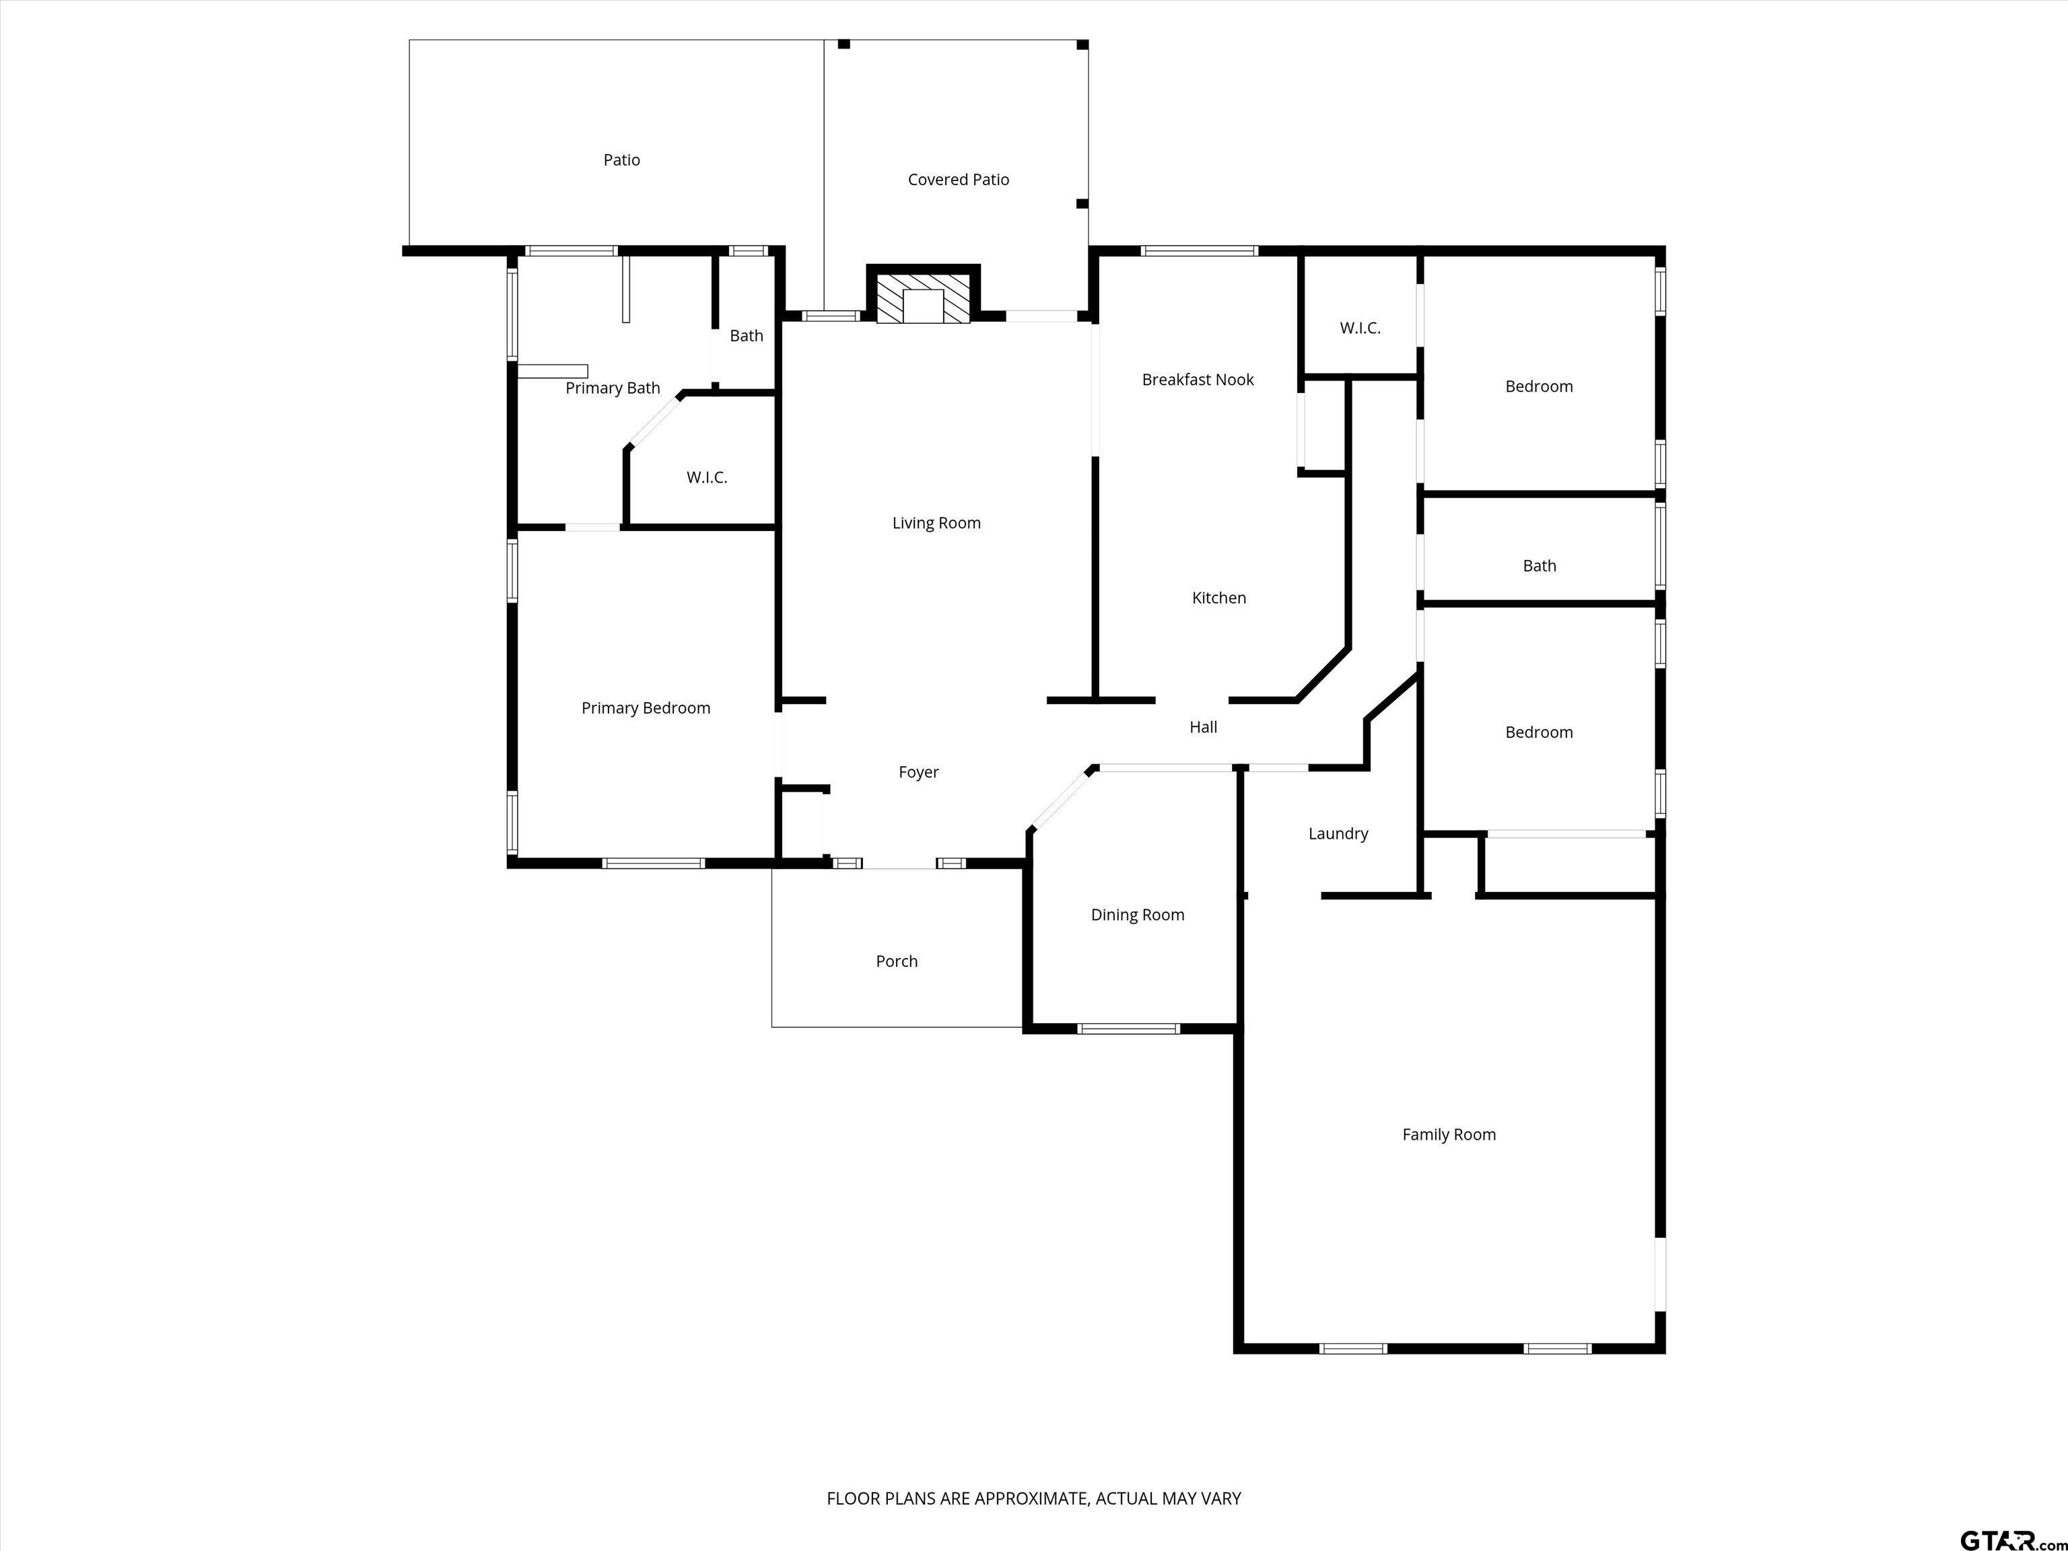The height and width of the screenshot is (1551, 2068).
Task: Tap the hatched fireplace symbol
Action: click(923, 299)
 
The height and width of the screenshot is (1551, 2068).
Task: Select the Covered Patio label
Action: click(959, 180)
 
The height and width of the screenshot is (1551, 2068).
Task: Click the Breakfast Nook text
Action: click(1198, 380)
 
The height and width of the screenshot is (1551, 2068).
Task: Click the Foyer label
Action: click(918, 772)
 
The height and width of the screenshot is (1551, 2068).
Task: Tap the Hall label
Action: click(1203, 727)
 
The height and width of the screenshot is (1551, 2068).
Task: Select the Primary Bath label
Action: click(613, 388)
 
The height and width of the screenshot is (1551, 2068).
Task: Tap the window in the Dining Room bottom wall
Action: click(1128, 1029)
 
